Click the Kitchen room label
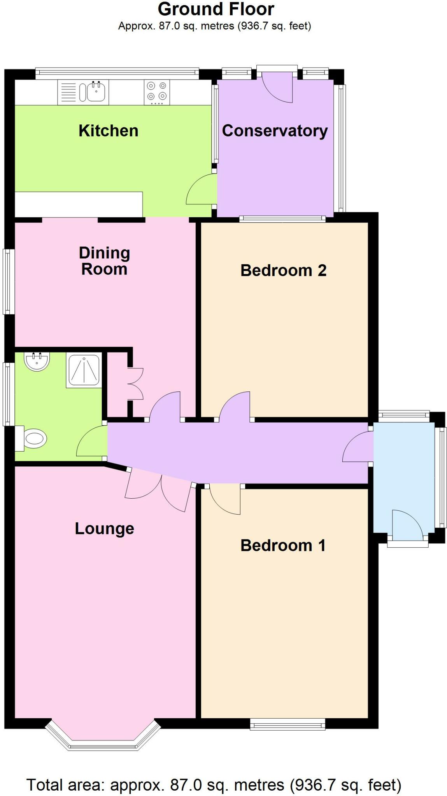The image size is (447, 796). (x=108, y=131)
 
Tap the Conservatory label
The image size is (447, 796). (x=275, y=131)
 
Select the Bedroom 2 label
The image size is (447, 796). (x=283, y=270)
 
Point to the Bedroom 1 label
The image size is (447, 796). (x=283, y=545)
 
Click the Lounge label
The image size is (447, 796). (x=104, y=528)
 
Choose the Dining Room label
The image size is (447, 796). (x=104, y=261)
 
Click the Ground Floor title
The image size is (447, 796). (x=216, y=9)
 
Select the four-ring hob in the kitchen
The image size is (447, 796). (x=157, y=92)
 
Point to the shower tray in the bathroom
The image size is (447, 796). (x=84, y=370)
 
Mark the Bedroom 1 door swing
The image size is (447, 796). (x=225, y=499)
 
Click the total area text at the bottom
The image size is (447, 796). (x=214, y=785)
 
